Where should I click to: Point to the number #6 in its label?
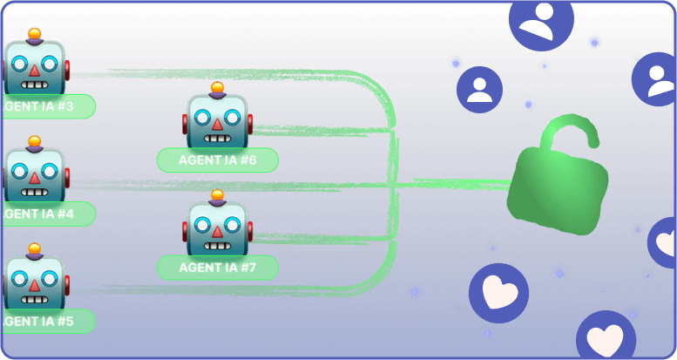point(247,160)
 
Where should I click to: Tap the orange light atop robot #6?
point(218,87)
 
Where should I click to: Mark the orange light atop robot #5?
point(34,248)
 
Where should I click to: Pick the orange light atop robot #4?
point(34,141)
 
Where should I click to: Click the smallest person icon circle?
point(479,90)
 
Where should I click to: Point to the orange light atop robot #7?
point(218,194)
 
